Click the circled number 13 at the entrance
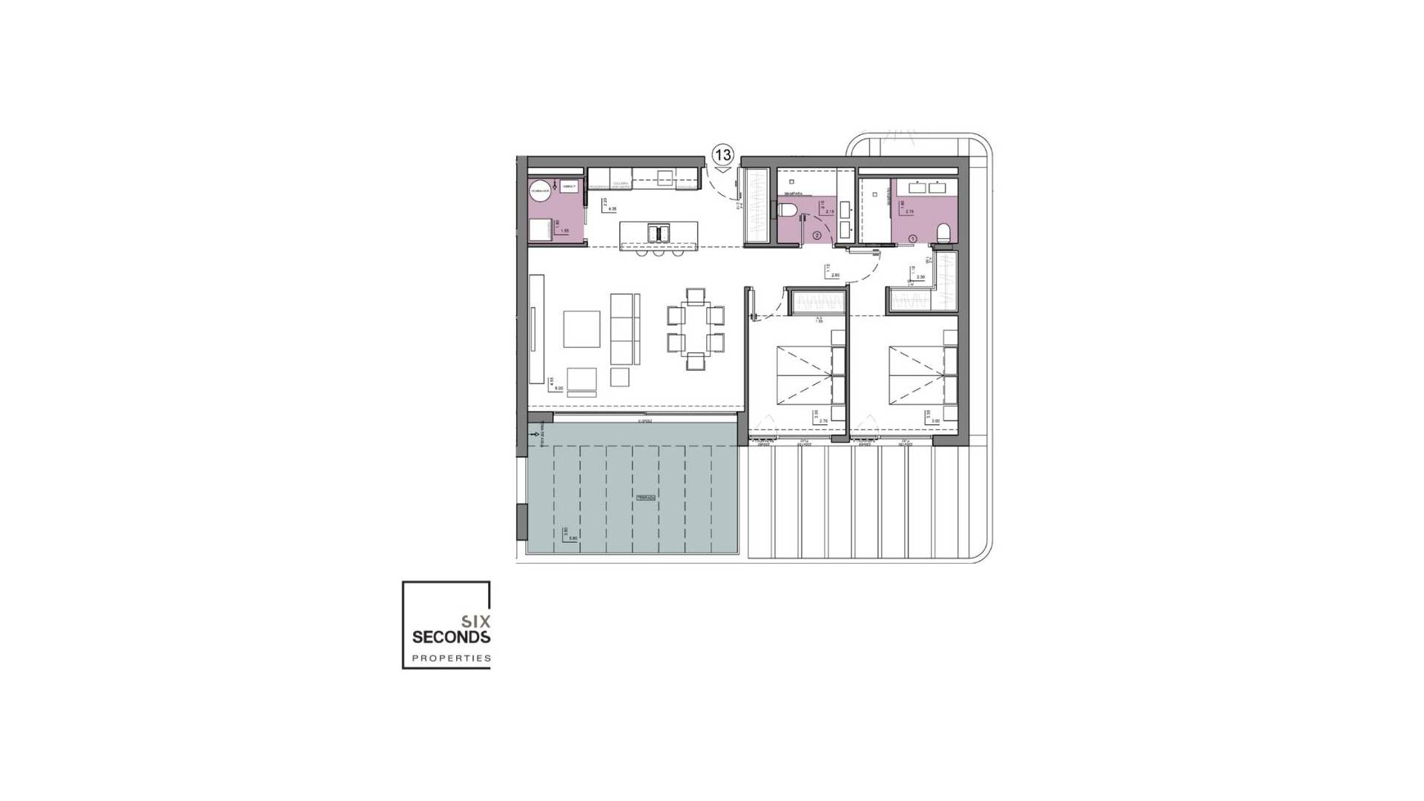(x=722, y=155)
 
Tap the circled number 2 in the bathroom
(x=817, y=236)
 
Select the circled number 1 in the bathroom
(x=913, y=238)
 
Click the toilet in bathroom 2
(x=788, y=210)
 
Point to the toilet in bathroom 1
(x=944, y=234)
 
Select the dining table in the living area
(x=696, y=329)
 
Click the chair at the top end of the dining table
(x=696, y=297)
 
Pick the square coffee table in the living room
(x=581, y=329)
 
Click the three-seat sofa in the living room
(x=624, y=328)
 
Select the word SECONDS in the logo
(x=451, y=637)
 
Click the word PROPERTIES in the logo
(x=451, y=658)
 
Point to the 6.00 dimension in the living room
(x=558, y=388)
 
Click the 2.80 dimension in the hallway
(x=835, y=276)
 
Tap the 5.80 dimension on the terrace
(x=573, y=538)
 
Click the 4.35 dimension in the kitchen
(x=612, y=210)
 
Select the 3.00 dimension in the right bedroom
(x=936, y=421)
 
